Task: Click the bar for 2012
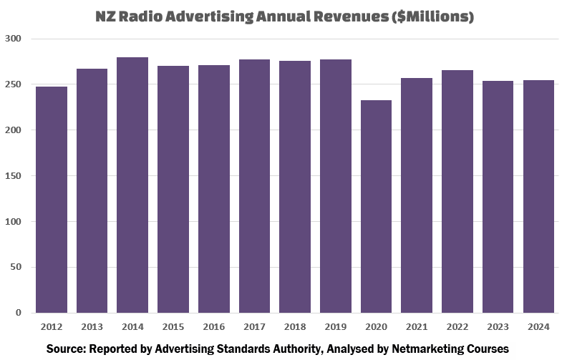point(52,200)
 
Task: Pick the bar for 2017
point(254,186)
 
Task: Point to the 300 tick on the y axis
point(14,39)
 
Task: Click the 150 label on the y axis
point(14,176)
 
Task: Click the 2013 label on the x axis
point(92,327)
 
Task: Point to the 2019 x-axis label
point(335,327)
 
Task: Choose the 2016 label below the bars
point(213,327)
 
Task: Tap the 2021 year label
point(417,327)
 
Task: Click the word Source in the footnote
point(67,349)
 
